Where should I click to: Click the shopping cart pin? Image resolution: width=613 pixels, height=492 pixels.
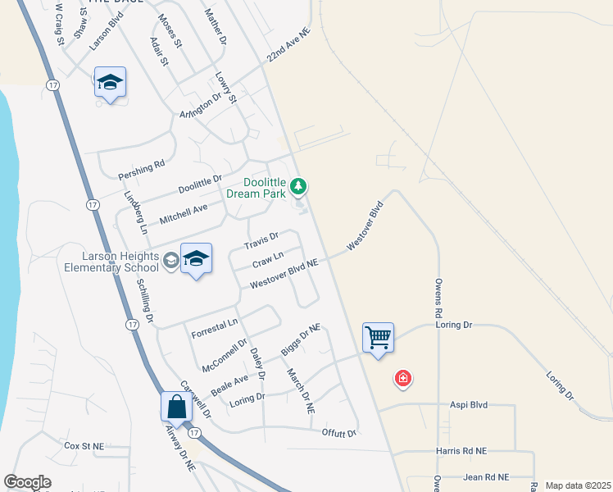(x=379, y=336)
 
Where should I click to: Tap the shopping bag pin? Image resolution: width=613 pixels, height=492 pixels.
(x=177, y=405)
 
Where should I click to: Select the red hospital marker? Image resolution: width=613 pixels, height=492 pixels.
(x=402, y=378)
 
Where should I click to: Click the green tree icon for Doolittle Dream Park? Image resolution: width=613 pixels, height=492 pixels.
(x=299, y=188)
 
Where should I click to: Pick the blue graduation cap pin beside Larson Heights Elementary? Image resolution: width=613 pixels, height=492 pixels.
(x=196, y=259)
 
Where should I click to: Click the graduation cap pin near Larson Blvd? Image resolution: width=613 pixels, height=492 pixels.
(x=110, y=83)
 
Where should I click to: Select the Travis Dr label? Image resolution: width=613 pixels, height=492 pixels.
(x=261, y=241)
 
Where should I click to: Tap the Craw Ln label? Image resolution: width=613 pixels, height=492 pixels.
(x=267, y=261)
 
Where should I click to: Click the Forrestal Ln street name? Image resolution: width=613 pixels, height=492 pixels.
(x=214, y=329)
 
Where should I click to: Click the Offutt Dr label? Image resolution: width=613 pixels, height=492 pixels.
(x=339, y=433)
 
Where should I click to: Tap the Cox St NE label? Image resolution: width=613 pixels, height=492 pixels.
(x=84, y=446)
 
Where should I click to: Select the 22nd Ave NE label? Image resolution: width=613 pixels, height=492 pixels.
(x=289, y=46)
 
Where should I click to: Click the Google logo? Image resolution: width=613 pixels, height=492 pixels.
(x=27, y=482)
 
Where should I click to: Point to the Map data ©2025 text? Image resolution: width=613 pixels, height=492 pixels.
(x=577, y=485)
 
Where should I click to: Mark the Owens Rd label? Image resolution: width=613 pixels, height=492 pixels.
(x=438, y=302)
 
